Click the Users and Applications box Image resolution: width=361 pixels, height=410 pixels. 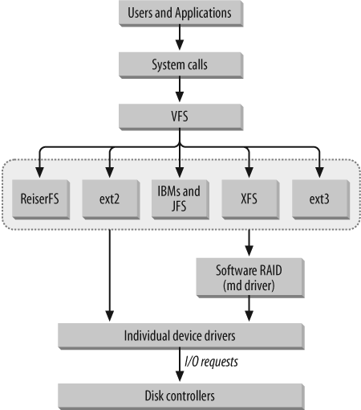click(180, 14)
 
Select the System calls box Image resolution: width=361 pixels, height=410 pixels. click(180, 64)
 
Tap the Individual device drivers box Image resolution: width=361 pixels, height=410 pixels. click(180, 334)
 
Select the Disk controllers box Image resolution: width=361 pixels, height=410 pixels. click(180, 395)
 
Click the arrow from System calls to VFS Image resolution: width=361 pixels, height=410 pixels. click(180, 89)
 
